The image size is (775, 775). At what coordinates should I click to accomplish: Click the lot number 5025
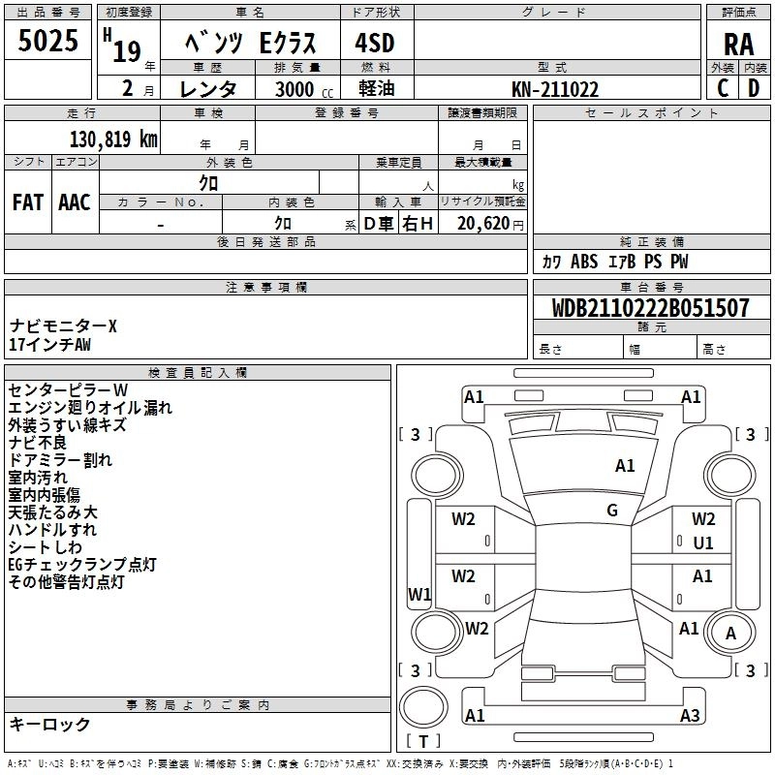47,44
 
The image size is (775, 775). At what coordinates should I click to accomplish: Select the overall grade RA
738,44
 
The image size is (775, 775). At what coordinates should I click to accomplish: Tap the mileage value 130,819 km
113,139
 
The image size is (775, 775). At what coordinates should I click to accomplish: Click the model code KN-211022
555,89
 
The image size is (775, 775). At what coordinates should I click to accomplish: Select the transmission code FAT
27,201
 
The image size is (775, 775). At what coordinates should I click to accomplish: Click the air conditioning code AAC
74,201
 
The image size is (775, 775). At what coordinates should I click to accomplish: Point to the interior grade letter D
753,88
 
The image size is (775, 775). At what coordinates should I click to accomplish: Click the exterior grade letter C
723,88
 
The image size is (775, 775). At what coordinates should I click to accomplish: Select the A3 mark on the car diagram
690,716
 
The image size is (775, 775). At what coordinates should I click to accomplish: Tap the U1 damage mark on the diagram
703,543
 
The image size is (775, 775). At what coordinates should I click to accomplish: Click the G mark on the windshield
612,510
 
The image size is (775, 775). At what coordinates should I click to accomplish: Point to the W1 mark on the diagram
419,594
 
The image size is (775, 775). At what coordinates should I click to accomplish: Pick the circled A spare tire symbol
730,634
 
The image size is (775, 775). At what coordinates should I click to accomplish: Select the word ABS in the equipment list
584,262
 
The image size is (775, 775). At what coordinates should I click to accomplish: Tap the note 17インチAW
49,344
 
